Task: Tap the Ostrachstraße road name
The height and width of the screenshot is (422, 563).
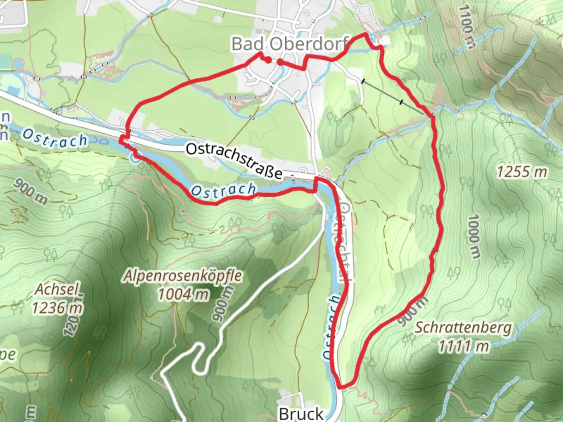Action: (234, 161)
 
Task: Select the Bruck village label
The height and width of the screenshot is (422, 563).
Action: (301, 413)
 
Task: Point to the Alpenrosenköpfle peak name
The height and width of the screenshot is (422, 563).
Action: (183, 276)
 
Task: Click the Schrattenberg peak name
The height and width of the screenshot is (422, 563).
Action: (463, 327)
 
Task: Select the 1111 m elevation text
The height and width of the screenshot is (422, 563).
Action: (463, 346)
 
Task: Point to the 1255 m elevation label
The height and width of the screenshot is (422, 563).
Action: (522, 172)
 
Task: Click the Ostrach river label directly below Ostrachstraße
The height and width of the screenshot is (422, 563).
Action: (223, 190)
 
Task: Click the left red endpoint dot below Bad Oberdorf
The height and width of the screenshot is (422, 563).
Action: (268, 60)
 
